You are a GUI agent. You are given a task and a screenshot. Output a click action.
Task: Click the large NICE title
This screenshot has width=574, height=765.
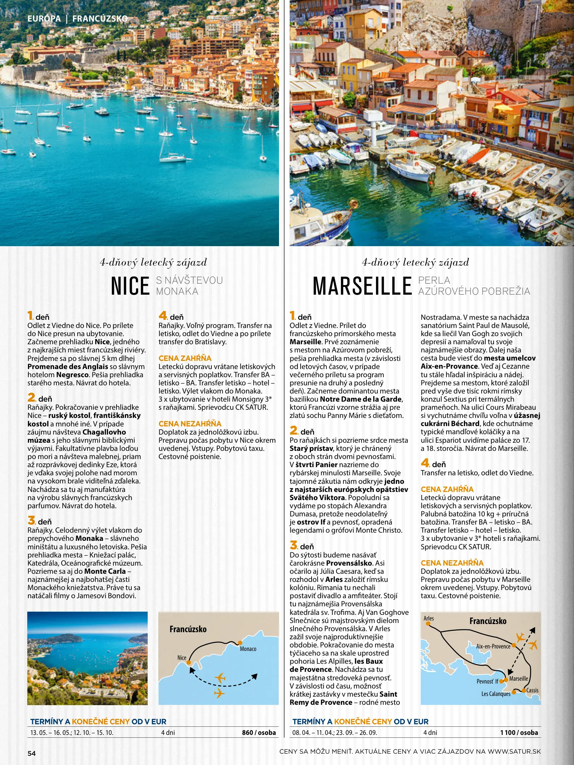pyautogui.click(x=130, y=286)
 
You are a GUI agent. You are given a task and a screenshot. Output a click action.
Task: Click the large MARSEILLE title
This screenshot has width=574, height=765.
pyautogui.click(x=362, y=286)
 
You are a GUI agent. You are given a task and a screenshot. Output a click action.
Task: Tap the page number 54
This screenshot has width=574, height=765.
pyautogui.click(x=32, y=753)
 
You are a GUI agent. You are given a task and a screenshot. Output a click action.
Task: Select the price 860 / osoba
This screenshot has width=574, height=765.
pyautogui.click(x=258, y=732)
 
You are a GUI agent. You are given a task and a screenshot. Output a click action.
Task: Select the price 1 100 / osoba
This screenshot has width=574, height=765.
pyautogui.click(x=519, y=732)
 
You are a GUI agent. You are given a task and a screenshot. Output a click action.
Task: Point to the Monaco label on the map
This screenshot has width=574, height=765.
pyautogui.click(x=248, y=649)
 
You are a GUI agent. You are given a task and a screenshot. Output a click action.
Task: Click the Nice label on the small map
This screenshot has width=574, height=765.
pyautogui.click(x=182, y=658)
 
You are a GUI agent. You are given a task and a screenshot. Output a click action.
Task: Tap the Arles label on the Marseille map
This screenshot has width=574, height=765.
pyautogui.click(x=428, y=618)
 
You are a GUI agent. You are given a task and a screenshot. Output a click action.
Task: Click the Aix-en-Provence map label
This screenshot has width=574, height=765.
pyautogui.click(x=493, y=646)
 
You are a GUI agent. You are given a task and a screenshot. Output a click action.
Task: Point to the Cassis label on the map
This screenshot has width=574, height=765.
pyautogui.click(x=532, y=690)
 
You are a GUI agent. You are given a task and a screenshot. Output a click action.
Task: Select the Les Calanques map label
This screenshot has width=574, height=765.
pyautogui.click(x=496, y=694)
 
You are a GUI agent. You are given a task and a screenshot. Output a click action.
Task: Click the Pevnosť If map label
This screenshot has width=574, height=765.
pyautogui.click(x=487, y=681)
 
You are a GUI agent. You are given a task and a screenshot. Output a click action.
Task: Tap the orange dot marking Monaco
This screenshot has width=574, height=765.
pyautogui.click(x=240, y=642)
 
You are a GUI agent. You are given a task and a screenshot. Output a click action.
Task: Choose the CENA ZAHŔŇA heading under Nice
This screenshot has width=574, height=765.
pyautogui.click(x=185, y=358)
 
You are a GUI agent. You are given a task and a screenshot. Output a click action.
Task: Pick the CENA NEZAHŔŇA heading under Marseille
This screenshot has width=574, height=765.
pyautogui.click(x=452, y=563)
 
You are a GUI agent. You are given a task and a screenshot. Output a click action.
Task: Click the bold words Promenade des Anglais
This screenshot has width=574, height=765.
pyautogui.click(x=68, y=367)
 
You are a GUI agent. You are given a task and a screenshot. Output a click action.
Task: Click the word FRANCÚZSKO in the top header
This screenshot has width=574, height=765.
pyautogui.click(x=100, y=18)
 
